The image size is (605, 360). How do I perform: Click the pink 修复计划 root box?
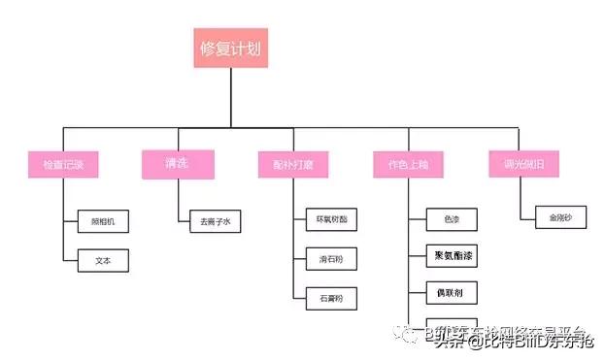point(229,48)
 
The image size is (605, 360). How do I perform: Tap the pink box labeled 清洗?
point(177,164)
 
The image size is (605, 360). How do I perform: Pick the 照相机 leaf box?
point(102,222)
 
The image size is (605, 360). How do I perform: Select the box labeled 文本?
point(102,260)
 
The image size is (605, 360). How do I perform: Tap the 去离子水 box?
point(215,222)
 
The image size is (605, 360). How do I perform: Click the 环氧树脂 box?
point(331,220)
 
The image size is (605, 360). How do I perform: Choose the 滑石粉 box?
point(331,259)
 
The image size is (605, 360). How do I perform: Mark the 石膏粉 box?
point(331,294)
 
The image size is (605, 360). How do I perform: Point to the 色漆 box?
point(452,220)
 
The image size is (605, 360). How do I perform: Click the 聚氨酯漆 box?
point(452,256)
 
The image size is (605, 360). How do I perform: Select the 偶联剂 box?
point(452,292)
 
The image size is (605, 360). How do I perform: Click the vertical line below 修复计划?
point(229,97)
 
